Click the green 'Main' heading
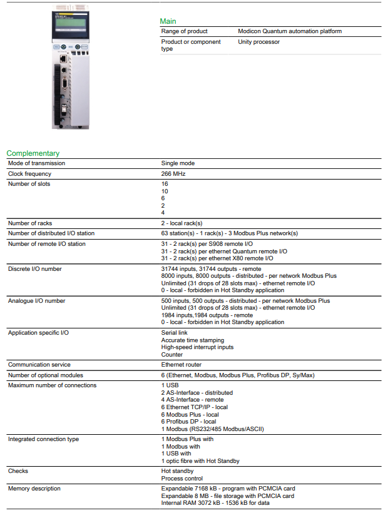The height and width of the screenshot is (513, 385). point(168,21)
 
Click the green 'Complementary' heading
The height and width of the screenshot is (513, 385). point(33,153)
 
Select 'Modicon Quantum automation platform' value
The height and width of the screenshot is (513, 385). point(290,31)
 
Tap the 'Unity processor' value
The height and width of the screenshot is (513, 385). point(259,42)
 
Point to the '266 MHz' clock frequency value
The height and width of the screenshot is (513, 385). point(173,174)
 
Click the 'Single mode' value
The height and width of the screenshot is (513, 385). point(178,163)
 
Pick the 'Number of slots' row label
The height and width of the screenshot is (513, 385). point(29,184)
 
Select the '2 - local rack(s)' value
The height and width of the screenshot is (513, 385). point(182,223)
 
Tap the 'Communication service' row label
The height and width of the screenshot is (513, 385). point(39,365)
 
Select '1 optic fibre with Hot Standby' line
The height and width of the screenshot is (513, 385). point(200,461)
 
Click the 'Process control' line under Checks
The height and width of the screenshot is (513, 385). point(182,479)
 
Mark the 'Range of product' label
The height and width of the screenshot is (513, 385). point(185,31)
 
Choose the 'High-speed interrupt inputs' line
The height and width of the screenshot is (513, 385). point(198,347)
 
